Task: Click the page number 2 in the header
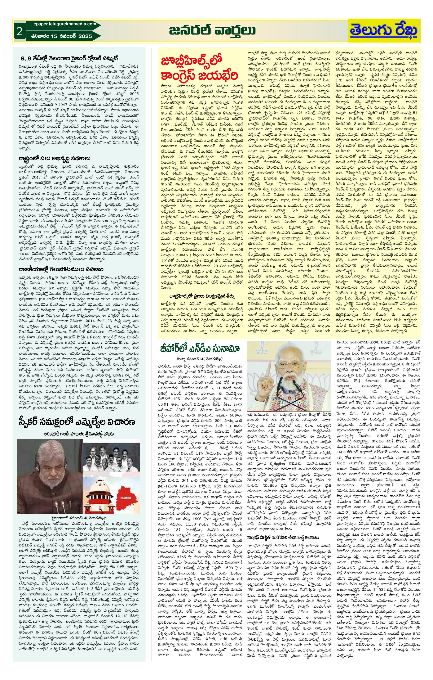pos(19,32)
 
